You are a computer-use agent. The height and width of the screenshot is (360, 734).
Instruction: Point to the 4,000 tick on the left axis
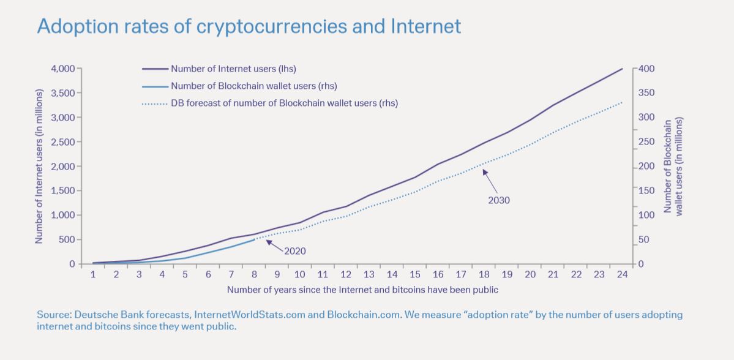(x=63, y=69)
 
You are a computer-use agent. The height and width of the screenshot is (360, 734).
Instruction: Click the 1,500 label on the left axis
(x=63, y=191)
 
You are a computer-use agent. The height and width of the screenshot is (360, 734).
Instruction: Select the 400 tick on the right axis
(x=646, y=69)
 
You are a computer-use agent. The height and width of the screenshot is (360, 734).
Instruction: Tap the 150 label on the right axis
(x=646, y=191)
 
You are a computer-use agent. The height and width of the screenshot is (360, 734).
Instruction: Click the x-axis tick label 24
(x=622, y=275)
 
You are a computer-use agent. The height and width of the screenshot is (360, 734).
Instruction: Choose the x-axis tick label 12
(x=346, y=275)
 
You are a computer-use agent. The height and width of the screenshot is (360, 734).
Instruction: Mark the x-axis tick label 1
(x=93, y=275)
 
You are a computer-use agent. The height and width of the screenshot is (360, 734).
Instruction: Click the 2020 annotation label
(x=294, y=251)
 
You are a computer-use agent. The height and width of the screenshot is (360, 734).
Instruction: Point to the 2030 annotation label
(x=499, y=200)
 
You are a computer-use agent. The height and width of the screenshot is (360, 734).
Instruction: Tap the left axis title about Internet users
(x=39, y=166)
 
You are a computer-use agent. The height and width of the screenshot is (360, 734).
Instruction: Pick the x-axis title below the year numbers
(x=362, y=290)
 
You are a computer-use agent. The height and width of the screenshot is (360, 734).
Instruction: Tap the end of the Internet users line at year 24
(x=622, y=69)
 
